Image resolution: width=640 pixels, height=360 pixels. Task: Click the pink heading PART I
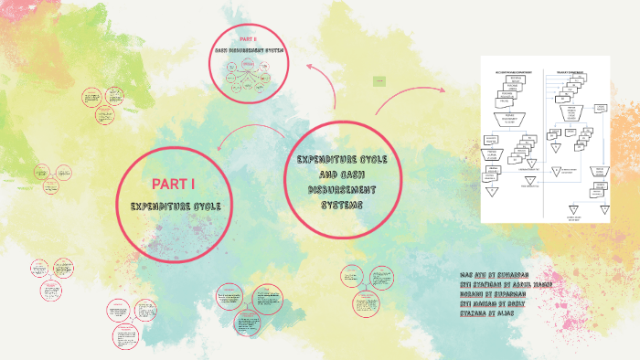(x=174, y=183)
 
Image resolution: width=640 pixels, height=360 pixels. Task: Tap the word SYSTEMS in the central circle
(x=342, y=205)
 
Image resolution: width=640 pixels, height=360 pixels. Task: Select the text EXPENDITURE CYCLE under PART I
(x=176, y=206)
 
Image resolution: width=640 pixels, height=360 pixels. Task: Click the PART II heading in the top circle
(x=248, y=40)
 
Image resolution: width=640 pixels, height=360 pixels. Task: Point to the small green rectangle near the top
(x=378, y=82)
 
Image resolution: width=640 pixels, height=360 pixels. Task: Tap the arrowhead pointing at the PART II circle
(x=310, y=67)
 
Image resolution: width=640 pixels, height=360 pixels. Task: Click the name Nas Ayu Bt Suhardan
(x=497, y=275)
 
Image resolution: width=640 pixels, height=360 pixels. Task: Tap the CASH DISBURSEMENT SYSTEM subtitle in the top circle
(x=248, y=51)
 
